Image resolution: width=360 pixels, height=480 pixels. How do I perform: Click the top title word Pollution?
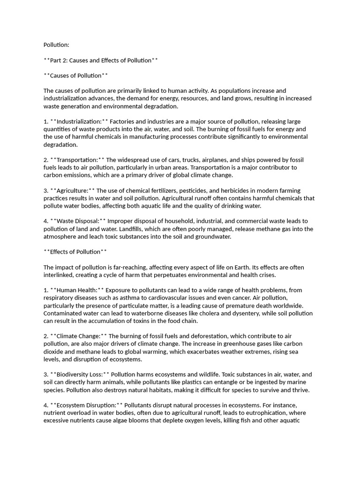click(x=56, y=45)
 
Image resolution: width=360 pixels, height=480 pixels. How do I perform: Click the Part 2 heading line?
click(x=100, y=60)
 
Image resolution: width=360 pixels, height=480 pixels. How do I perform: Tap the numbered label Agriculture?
click(x=73, y=190)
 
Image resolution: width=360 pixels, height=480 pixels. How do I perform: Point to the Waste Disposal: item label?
click(x=77, y=221)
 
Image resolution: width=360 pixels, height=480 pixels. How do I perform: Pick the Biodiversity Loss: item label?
click(x=80, y=374)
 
